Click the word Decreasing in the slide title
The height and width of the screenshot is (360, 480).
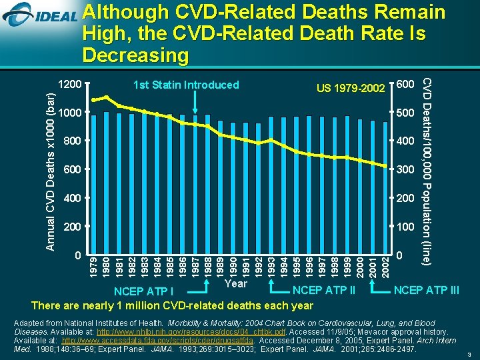tap(136, 55)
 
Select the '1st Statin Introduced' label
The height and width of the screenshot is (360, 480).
tap(186, 85)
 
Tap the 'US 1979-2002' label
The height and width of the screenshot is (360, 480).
tap(351, 88)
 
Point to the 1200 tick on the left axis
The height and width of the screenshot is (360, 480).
tap(69, 85)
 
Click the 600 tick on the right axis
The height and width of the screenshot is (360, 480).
tap(405, 84)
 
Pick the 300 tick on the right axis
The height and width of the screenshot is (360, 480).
tap(405, 170)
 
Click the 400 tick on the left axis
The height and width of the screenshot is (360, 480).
tap(69, 199)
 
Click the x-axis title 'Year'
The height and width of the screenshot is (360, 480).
tap(236, 283)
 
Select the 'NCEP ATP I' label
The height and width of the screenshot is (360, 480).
tap(143, 291)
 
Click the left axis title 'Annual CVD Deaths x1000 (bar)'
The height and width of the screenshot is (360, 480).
tap(49, 171)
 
